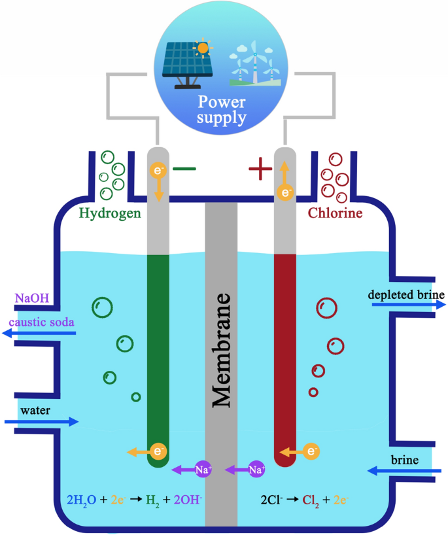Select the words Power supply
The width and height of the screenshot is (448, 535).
click(x=222, y=110)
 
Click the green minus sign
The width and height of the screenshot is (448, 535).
click(x=184, y=169)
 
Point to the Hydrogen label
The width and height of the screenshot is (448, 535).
click(x=110, y=213)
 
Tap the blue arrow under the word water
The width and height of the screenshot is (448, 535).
click(x=41, y=422)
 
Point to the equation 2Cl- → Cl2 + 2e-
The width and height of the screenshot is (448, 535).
click(x=303, y=500)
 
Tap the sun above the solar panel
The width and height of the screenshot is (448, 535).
click(x=204, y=47)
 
